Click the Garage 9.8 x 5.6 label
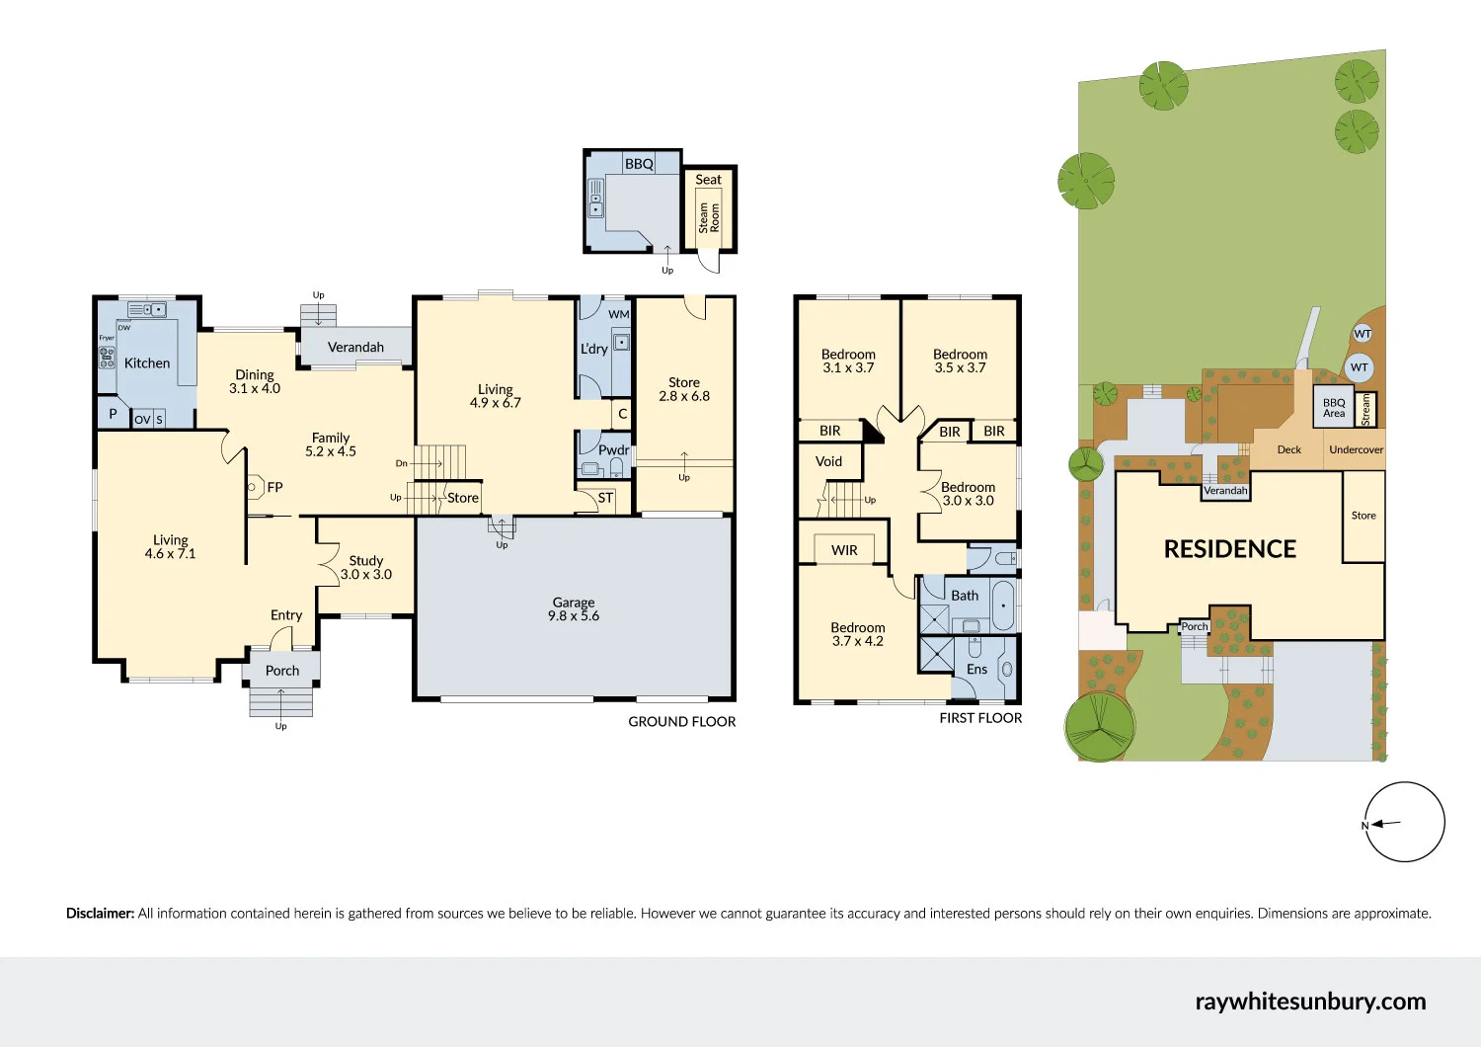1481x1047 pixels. [x=574, y=608]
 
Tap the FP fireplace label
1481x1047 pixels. [x=274, y=487]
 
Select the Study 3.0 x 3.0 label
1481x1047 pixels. [x=366, y=567]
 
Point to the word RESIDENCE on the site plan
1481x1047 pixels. [x=1229, y=549]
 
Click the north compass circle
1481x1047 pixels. [x=1404, y=822]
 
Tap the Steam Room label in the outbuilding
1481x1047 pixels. [x=709, y=217]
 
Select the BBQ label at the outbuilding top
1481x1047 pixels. [x=639, y=164]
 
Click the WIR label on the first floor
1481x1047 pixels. [x=844, y=550]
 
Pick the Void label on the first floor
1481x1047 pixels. [x=828, y=461]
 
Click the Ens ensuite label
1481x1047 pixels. [x=976, y=669]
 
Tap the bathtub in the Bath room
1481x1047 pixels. [x=1002, y=604]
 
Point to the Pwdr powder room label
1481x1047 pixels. [x=613, y=449]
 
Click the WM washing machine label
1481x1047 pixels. [x=618, y=314]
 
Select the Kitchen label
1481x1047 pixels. [x=147, y=363]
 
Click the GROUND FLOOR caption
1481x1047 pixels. [x=681, y=722]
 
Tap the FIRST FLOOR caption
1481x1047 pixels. [x=979, y=718]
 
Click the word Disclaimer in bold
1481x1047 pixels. [x=100, y=914]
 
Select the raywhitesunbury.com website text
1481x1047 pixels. [x=1309, y=1001]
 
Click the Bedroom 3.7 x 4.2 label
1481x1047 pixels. [x=857, y=634]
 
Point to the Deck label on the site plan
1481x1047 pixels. [x=1288, y=449]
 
